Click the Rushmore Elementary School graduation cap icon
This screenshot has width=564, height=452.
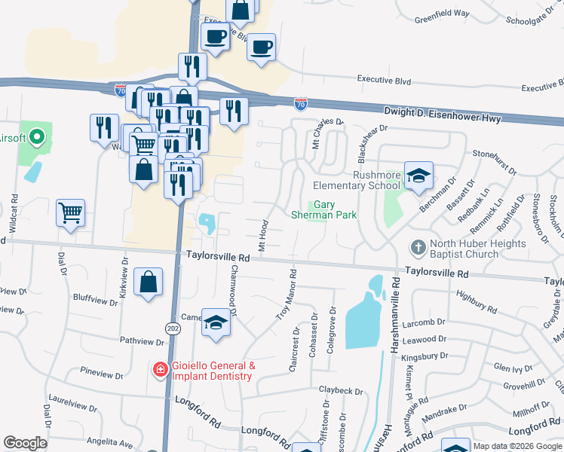(418, 177)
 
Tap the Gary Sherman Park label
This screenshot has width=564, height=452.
(324, 209)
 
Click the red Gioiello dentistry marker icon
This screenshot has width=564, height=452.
(160, 370)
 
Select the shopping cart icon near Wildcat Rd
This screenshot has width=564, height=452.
(70, 214)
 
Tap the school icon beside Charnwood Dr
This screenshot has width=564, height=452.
(216, 325)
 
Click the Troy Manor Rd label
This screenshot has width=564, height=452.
(285, 295)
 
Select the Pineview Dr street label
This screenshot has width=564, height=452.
(101, 374)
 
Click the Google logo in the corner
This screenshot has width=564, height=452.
(25, 443)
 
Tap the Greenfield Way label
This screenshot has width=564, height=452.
(441, 14)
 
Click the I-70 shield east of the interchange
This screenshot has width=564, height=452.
(301, 103)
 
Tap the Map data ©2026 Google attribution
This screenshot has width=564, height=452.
(517, 446)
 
